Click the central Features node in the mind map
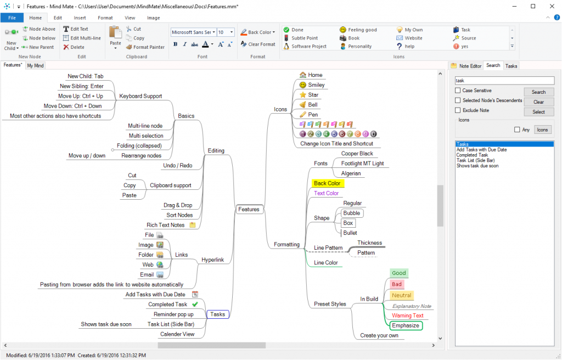click(x=249, y=210)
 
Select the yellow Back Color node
click(x=328, y=183)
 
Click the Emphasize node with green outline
click(x=406, y=325)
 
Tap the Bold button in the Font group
click(x=175, y=44)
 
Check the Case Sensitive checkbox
click(x=458, y=91)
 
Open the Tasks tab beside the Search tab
click(x=511, y=66)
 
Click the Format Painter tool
click(x=145, y=47)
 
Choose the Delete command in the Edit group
click(x=74, y=47)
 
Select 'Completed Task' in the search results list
click(x=472, y=155)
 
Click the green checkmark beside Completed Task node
click(x=195, y=304)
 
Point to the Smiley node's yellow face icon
click(x=303, y=85)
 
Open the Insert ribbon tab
click(x=80, y=18)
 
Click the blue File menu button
click(x=12, y=18)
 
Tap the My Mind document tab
click(x=36, y=66)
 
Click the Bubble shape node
click(x=352, y=213)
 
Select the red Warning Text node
click(x=408, y=316)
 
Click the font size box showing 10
click(x=226, y=32)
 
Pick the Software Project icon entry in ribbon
click(x=305, y=46)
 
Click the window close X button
click(x=552, y=7)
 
